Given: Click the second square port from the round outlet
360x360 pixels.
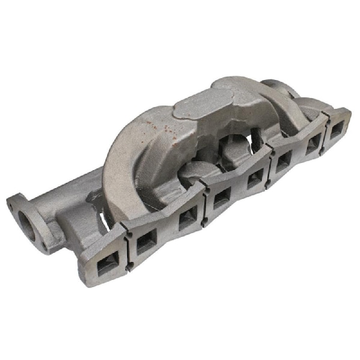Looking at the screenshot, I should (x=146, y=242).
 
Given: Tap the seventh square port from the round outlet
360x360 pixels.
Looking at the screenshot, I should (x=312, y=144).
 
